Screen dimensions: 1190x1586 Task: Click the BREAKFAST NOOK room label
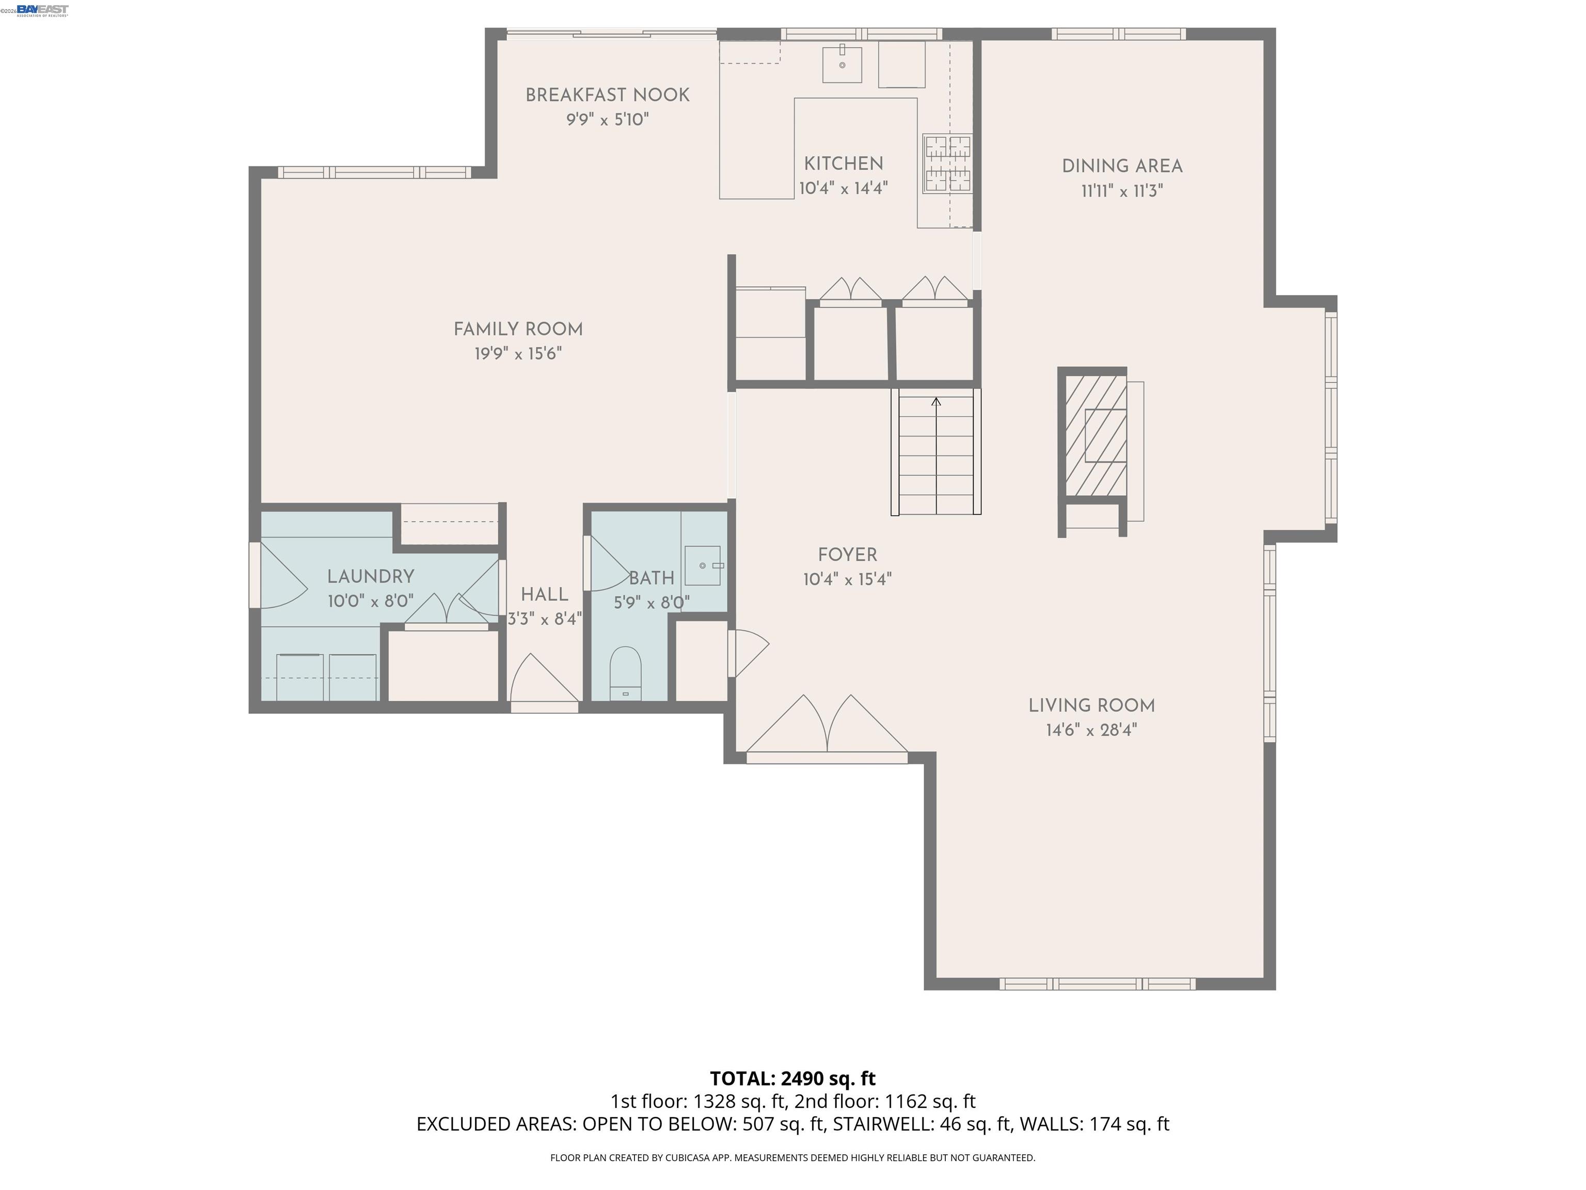click(607, 96)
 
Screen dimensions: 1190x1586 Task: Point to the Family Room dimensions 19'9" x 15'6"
click(518, 354)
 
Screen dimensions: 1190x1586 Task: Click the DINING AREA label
click(1121, 166)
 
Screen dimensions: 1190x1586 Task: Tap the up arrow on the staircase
click(935, 403)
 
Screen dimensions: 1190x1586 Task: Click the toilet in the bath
click(625, 671)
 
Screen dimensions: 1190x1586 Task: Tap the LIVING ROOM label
click(1091, 706)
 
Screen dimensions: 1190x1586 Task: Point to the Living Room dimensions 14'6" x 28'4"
click(1091, 730)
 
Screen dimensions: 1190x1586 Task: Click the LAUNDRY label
click(371, 577)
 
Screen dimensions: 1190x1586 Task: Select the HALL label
click(544, 594)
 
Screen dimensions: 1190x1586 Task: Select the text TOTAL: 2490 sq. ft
click(792, 1078)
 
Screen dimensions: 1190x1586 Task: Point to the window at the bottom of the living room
click(1097, 983)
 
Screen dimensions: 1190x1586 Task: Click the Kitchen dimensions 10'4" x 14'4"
click(843, 189)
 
